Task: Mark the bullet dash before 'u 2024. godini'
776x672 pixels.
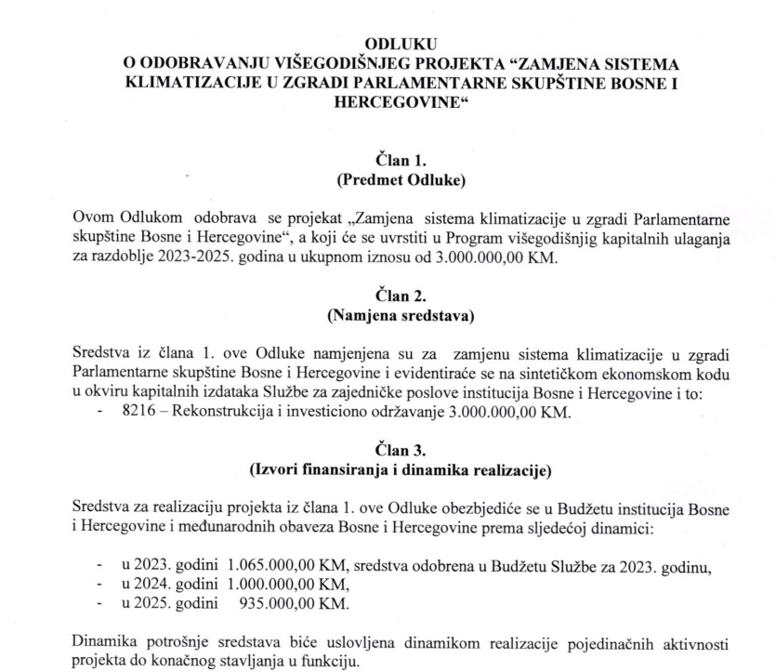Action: click(99, 585)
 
